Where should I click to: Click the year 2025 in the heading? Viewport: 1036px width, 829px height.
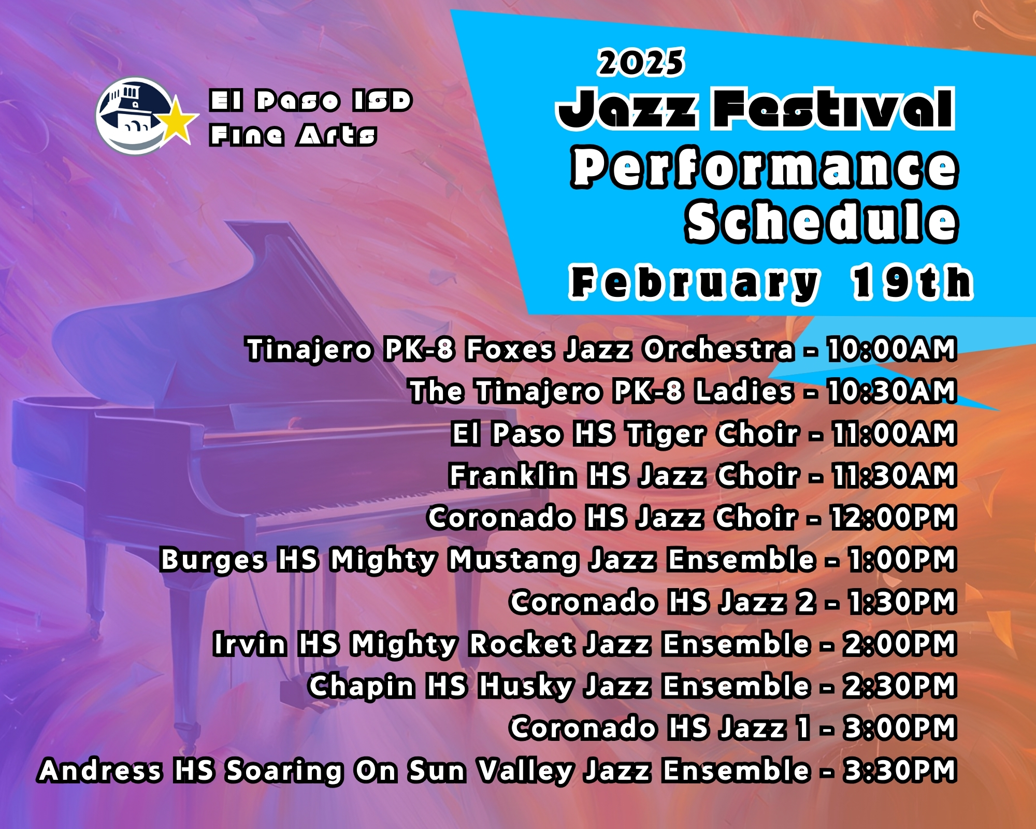click(641, 63)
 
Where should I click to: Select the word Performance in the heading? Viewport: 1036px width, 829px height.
click(765, 167)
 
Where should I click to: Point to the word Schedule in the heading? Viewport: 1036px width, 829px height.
click(822, 222)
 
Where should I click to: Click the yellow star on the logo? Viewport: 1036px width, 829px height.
click(177, 122)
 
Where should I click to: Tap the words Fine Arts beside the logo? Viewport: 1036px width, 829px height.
click(293, 135)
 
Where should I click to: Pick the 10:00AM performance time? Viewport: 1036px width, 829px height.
click(891, 349)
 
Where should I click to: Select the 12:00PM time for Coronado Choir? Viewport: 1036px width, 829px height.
click(894, 517)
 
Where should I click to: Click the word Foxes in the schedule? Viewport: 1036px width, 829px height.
click(510, 349)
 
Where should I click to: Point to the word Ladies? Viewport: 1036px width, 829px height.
click(744, 391)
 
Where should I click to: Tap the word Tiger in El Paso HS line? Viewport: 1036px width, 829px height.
click(666, 434)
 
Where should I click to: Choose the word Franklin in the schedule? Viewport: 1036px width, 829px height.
click(512, 475)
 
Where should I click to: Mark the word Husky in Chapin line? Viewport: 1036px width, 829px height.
click(526, 687)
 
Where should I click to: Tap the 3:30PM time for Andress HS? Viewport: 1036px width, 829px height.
click(900, 770)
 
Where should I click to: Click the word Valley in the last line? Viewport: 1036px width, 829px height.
click(525, 771)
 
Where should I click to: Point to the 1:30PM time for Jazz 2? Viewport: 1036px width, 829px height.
click(902, 602)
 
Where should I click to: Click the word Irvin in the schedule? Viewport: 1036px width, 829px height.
click(250, 644)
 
